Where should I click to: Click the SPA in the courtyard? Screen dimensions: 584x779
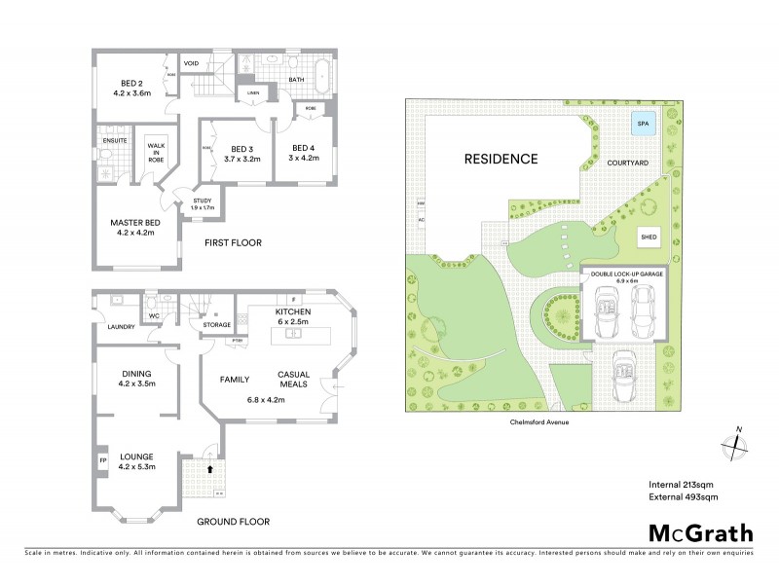[x=642, y=125]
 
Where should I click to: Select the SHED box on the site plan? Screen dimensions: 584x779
[x=649, y=237]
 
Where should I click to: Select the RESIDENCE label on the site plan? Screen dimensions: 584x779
[x=500, y=159]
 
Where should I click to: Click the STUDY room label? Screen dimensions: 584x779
[x=202, y=201]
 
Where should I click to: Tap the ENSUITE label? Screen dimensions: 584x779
[x=113, y=140]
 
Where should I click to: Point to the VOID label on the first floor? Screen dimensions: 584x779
[x=192, y=63]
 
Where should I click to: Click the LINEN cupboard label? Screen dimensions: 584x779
[x=254, y=92]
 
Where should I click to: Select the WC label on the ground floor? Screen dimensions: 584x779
[x=154, y=316]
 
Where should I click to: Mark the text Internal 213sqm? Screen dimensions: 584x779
[x=683, y=484]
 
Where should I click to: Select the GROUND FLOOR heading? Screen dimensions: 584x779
[x=234, y=522]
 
